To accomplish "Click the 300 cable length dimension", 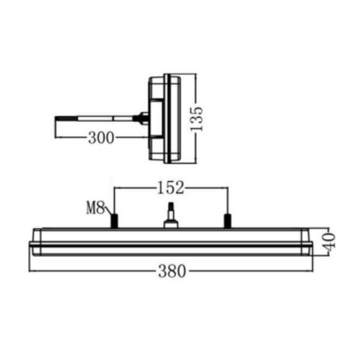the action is [101, 138].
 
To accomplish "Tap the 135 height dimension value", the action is [197, 119].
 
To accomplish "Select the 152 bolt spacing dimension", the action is [170, 188].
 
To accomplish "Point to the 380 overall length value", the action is [172, 271].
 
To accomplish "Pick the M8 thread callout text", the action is [95, 208].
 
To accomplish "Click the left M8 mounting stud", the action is [115, 221].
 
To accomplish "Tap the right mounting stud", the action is [227, 221].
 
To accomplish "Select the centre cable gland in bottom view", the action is [171, 216].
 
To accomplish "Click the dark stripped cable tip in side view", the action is [66, 119].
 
